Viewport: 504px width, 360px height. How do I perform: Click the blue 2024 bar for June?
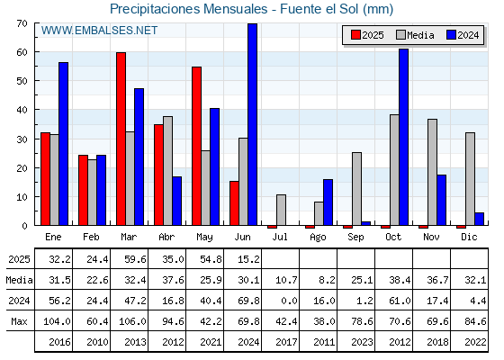point(253,124)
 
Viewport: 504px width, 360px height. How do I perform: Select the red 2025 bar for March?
point(121,139)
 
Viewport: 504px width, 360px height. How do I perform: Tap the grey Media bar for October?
point(394,170)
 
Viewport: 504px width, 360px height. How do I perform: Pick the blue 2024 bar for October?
point(404,137)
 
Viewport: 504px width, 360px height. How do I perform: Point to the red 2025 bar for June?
point(234,203)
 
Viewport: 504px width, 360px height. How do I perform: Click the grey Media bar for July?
point(281,210)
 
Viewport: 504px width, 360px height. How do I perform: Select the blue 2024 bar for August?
point(328,202)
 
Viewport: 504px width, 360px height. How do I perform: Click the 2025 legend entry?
point(367,35)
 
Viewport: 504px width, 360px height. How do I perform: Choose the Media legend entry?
point(415,35)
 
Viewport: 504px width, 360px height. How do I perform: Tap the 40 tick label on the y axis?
point(22,110)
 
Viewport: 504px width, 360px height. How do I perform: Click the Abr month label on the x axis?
point(166,238)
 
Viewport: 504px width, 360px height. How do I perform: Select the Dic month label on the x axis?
point(469,238)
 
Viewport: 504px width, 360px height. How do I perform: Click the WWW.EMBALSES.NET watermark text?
point(99,31)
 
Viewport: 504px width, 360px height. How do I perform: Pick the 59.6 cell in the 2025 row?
point(135,259)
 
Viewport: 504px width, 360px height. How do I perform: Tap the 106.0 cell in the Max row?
point(132,321)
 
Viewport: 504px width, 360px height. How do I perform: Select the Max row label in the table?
point(19,321)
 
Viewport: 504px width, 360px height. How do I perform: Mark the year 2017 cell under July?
point(286,342)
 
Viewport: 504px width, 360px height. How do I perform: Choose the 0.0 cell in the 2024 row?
point(289,301)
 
